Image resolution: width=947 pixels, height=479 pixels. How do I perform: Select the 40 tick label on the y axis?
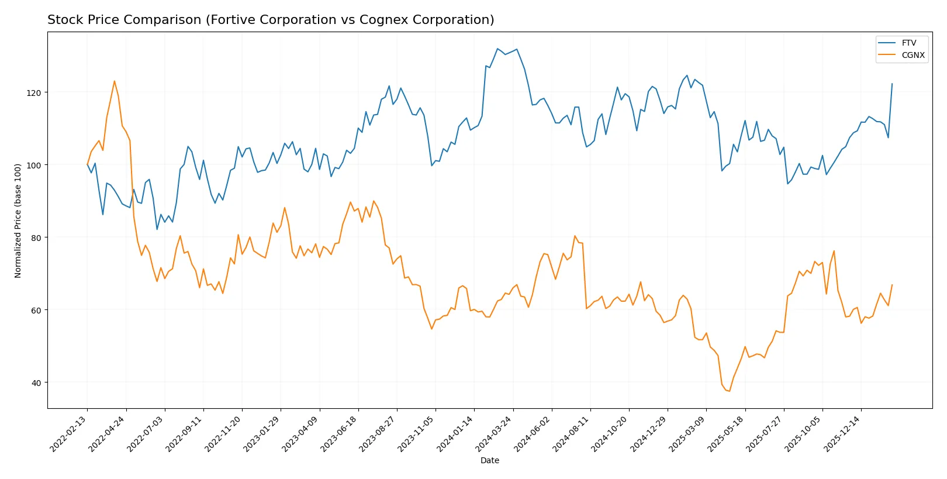tap(36, 382)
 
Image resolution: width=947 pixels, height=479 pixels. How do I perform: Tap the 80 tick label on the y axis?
tap(36, 237)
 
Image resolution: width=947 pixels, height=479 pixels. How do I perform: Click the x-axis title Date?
tap(489, 460)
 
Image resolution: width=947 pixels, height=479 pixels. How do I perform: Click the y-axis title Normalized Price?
tap(18, 220)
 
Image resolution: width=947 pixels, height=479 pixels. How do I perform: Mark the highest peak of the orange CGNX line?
tap(115, 81)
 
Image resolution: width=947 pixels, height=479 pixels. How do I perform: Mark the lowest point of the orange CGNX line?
tap(730, 391)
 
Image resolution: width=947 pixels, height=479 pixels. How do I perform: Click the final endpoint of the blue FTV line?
tap(892, 84)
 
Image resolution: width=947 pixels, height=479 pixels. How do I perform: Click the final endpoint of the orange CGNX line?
tap(892, 285)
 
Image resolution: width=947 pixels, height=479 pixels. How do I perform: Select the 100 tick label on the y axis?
tap(34, 165)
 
